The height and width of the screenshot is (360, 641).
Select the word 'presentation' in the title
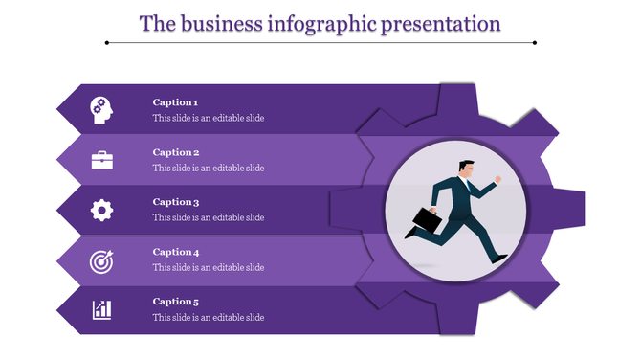click(442, 23)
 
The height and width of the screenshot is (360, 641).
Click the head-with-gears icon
click(101, 110)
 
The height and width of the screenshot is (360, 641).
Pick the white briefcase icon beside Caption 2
click(101, 160)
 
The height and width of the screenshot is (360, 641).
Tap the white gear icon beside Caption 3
click(101, 210)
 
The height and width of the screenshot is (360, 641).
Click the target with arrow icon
click(101, 259)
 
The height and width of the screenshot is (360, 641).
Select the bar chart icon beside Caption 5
click(101, 309)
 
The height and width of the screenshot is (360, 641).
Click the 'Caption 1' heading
click(175, 102)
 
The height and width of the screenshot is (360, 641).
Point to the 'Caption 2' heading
click(175, 152)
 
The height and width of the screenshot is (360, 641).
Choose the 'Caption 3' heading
click(175, 202)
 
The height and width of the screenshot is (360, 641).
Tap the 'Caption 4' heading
click(175, 252)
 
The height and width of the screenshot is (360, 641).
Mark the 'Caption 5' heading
click(175, 302)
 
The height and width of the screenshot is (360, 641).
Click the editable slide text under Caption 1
click(209, 119)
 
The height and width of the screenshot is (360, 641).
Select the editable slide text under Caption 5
click(209, 318)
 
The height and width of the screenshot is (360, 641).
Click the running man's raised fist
click(497, 179)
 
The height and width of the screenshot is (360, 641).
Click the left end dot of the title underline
click(106, 42)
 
